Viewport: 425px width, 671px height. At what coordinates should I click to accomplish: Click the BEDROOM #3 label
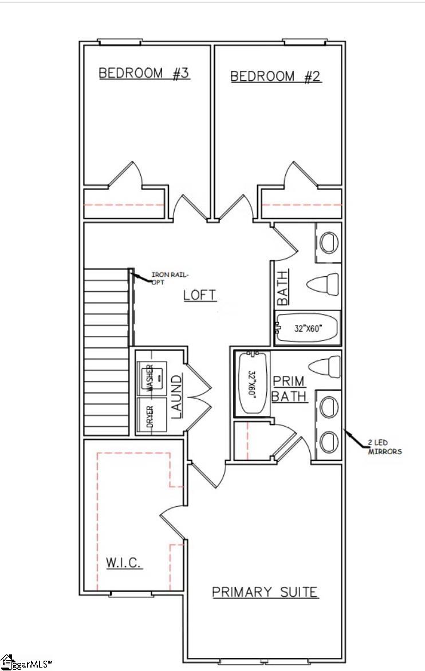click(x=144, y=74)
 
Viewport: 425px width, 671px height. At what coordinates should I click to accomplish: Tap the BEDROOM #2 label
click(x=276, y=77)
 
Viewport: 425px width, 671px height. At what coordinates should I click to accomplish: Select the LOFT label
click(x=200, y=295)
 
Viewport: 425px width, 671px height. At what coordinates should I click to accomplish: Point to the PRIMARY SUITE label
click(x=265, y=592)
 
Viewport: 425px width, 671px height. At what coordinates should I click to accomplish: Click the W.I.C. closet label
click(x=124, y=563)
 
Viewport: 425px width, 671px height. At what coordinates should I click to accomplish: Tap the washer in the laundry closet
click(x=152, y=377)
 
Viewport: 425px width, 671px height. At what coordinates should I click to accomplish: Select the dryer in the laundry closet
click(x=152, y=415)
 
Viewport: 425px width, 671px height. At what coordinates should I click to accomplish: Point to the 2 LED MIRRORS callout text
click(x=384, y=447)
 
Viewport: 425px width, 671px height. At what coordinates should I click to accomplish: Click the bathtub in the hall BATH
click(x=306, y=328)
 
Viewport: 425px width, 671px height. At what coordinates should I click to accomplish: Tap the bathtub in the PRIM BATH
click(x=251, y=383)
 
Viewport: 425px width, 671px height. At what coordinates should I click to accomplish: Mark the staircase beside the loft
click(x=107, y=352)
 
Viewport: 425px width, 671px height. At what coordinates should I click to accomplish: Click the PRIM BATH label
click(x=289, y=388)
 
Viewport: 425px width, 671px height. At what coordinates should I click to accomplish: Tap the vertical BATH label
click(x=283, y=287)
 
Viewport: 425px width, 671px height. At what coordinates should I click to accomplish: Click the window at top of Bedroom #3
click(x=120, y=42)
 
